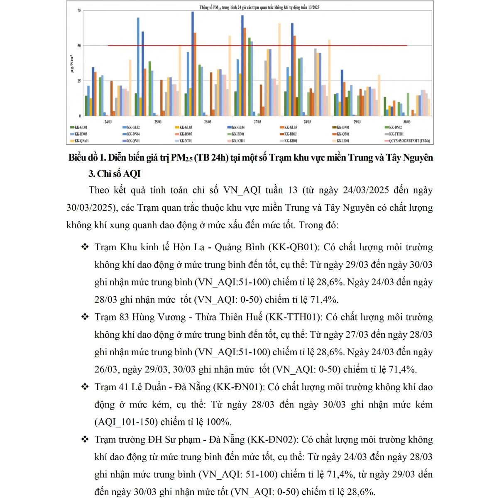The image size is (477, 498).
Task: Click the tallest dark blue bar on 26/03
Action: pyautogui.click(x=192, y=62)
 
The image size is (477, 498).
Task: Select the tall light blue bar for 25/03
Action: pyautogui.click(x=138, y=66)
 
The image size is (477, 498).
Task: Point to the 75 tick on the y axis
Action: pyautogui.click(x=79, y=10)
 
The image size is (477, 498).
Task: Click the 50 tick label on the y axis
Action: pyautogui.click(x=79, y=46)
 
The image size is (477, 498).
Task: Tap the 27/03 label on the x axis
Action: pyautogui.click(x=257, y=122)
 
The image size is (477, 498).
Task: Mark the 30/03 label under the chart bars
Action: pyautogui.click(x=407, y=122)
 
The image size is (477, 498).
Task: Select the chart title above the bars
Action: pyautogui.click(x=259, y=7)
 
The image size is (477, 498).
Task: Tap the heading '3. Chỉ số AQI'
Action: pyautogui.click(x=115, y=174)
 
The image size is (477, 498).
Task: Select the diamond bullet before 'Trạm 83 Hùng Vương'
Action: pyautogui.click(x=85, y=317)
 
